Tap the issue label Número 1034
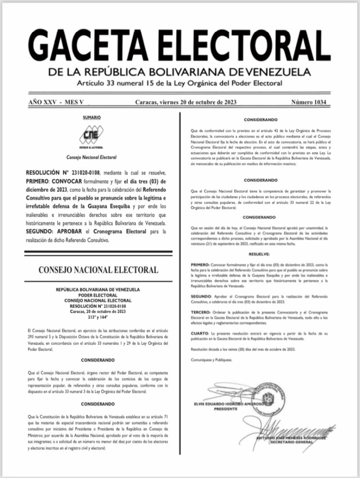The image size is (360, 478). [309, 102]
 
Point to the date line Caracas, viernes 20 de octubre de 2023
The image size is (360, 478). [186, 102]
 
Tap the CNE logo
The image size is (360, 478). [91, 135]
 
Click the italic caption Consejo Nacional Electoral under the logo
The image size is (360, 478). [91, 158]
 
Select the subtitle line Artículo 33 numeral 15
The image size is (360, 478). [180, 84]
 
